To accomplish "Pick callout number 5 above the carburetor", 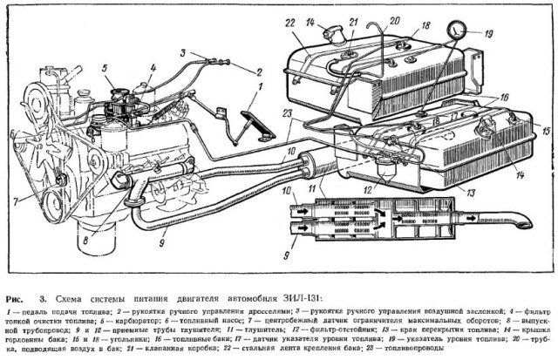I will pyautogui.click(x=104, y=67).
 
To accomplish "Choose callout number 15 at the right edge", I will pyautogui.click(x=547, y=131).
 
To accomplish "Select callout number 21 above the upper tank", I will pyautogui.click(x=354, y=20).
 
